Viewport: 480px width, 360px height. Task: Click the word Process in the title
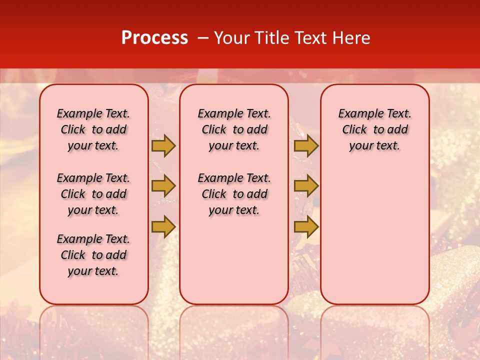tap(154, 38)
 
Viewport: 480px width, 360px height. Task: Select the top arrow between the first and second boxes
tap(163, 146)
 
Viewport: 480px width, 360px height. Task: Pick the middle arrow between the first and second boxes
tap(163, 186)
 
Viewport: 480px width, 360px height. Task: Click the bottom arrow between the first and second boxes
tap(163, 226)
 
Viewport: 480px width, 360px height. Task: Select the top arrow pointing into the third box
tap(306, 146)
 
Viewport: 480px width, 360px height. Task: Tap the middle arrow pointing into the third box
tap(306, 186)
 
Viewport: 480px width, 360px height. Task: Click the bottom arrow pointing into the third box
tap(306, 226)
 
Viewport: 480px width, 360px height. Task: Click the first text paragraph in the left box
tap(93, 129)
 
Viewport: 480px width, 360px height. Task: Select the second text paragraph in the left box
tap(93, 194)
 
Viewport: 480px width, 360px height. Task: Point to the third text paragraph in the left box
tap(93, 255)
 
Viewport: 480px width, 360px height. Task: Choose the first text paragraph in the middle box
tap(234, 129)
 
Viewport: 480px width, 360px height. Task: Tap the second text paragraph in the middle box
tap(234, 194)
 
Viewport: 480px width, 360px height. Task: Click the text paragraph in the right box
tap(375, 129)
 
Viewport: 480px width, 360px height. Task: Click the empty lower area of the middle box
tap(234, 260)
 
